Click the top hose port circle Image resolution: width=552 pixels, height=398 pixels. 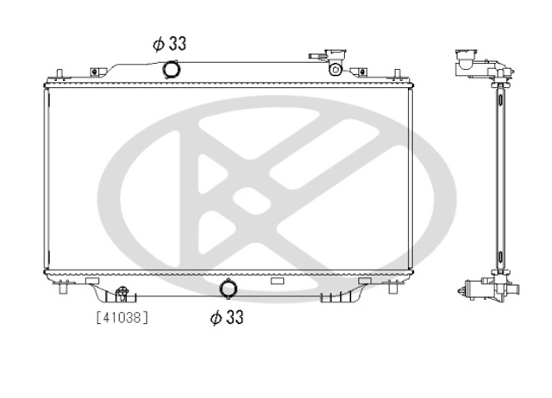[x=171, y=69]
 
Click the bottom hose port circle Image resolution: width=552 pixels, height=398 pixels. [x=228, y=289]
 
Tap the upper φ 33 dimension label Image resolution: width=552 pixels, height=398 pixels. [x=170, y=44]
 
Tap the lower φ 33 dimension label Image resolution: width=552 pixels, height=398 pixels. [x=227, y=317]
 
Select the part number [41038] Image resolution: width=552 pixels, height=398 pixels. [x=122, y=318]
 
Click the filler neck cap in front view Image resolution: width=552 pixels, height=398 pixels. [x=336, y=54]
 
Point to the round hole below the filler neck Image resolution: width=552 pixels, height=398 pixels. [x=336, y=69]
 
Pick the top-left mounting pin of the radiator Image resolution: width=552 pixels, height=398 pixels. [x=60, y=73]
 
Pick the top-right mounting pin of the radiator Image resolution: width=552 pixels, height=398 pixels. [x=397, y=73]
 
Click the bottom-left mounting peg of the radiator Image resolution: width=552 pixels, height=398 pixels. [x=63, y=287]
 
